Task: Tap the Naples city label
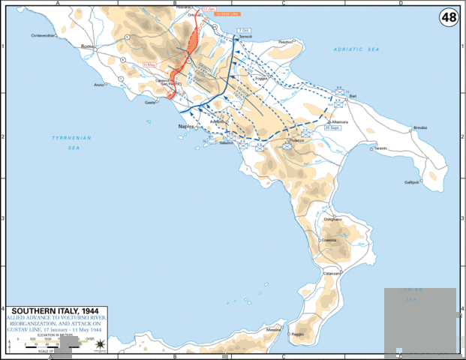pos(186,127)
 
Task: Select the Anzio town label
pos(98,85)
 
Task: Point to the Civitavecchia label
pos(44,34)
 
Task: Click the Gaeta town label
pos(149,102)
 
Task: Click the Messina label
pos(273,331)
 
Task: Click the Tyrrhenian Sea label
pos(65,143)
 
